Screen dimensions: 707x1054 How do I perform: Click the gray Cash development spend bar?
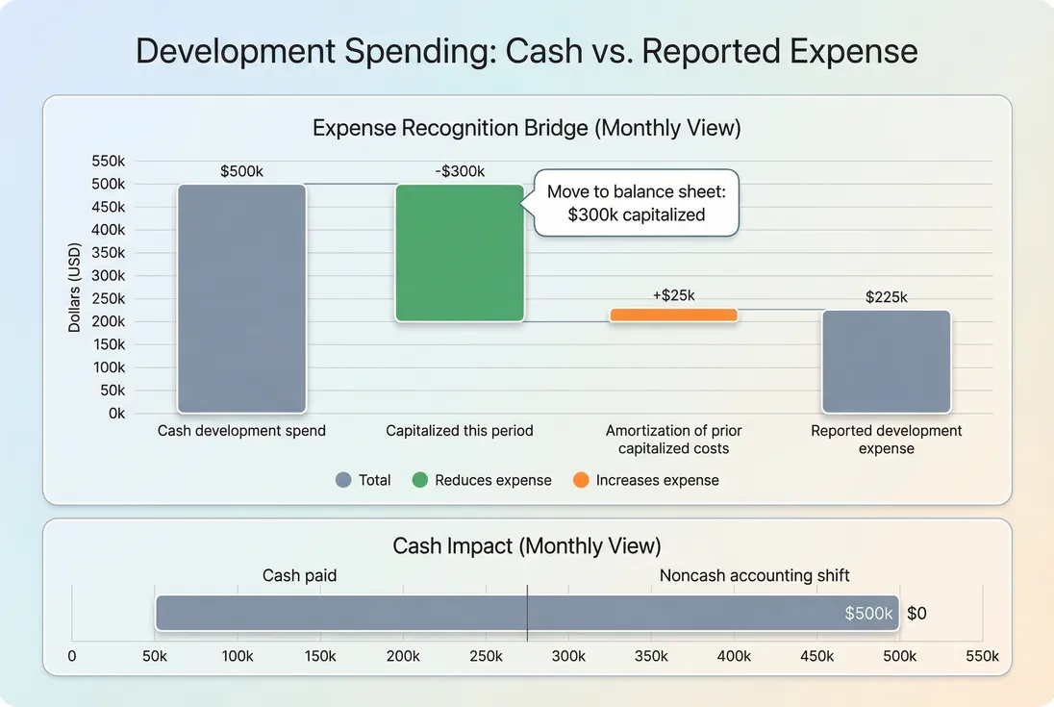[241, 298]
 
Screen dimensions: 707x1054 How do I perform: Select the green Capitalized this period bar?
[460, 252]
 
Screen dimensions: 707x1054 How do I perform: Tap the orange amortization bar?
[673, 315]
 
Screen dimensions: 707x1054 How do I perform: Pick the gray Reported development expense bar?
[886, 362]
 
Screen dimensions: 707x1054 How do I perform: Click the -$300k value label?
[460, 172]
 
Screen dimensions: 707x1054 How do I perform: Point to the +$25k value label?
[673, 295]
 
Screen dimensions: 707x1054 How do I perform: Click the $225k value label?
[886, 297]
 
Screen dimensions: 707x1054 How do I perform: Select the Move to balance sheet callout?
[637, 203]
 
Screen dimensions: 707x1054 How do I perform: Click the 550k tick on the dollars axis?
[109, 161]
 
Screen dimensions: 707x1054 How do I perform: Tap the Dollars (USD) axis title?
[74, 287]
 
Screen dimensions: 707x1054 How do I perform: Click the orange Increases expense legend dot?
[581, 480]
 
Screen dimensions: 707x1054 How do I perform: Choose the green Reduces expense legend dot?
[419, 480]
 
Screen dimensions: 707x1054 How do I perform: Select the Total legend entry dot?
[343, 480]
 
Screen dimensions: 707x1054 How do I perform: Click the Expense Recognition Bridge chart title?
[527, 128]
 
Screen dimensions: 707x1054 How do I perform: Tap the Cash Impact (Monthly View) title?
[527, 546]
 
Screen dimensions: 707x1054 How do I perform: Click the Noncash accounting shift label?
[754, 576]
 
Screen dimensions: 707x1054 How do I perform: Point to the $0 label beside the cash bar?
[916, 614]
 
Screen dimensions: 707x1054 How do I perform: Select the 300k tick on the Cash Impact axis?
[568, 656]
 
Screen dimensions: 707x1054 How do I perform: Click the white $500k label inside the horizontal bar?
[868, 614]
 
